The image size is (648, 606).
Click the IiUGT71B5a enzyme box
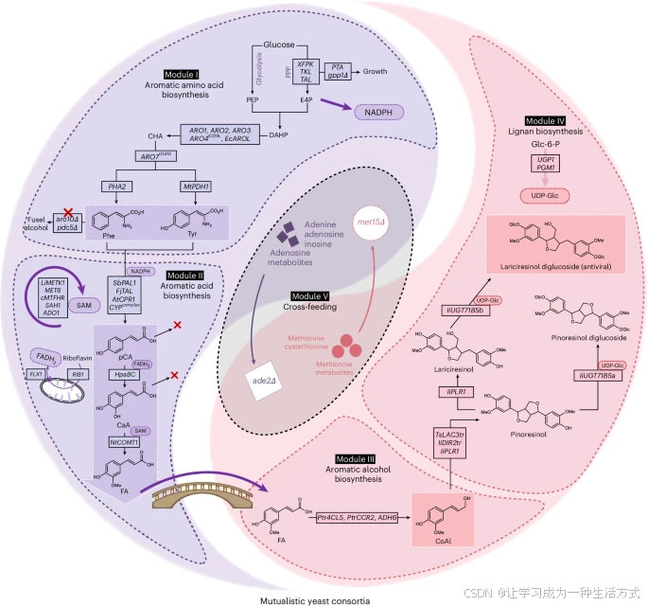603,376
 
